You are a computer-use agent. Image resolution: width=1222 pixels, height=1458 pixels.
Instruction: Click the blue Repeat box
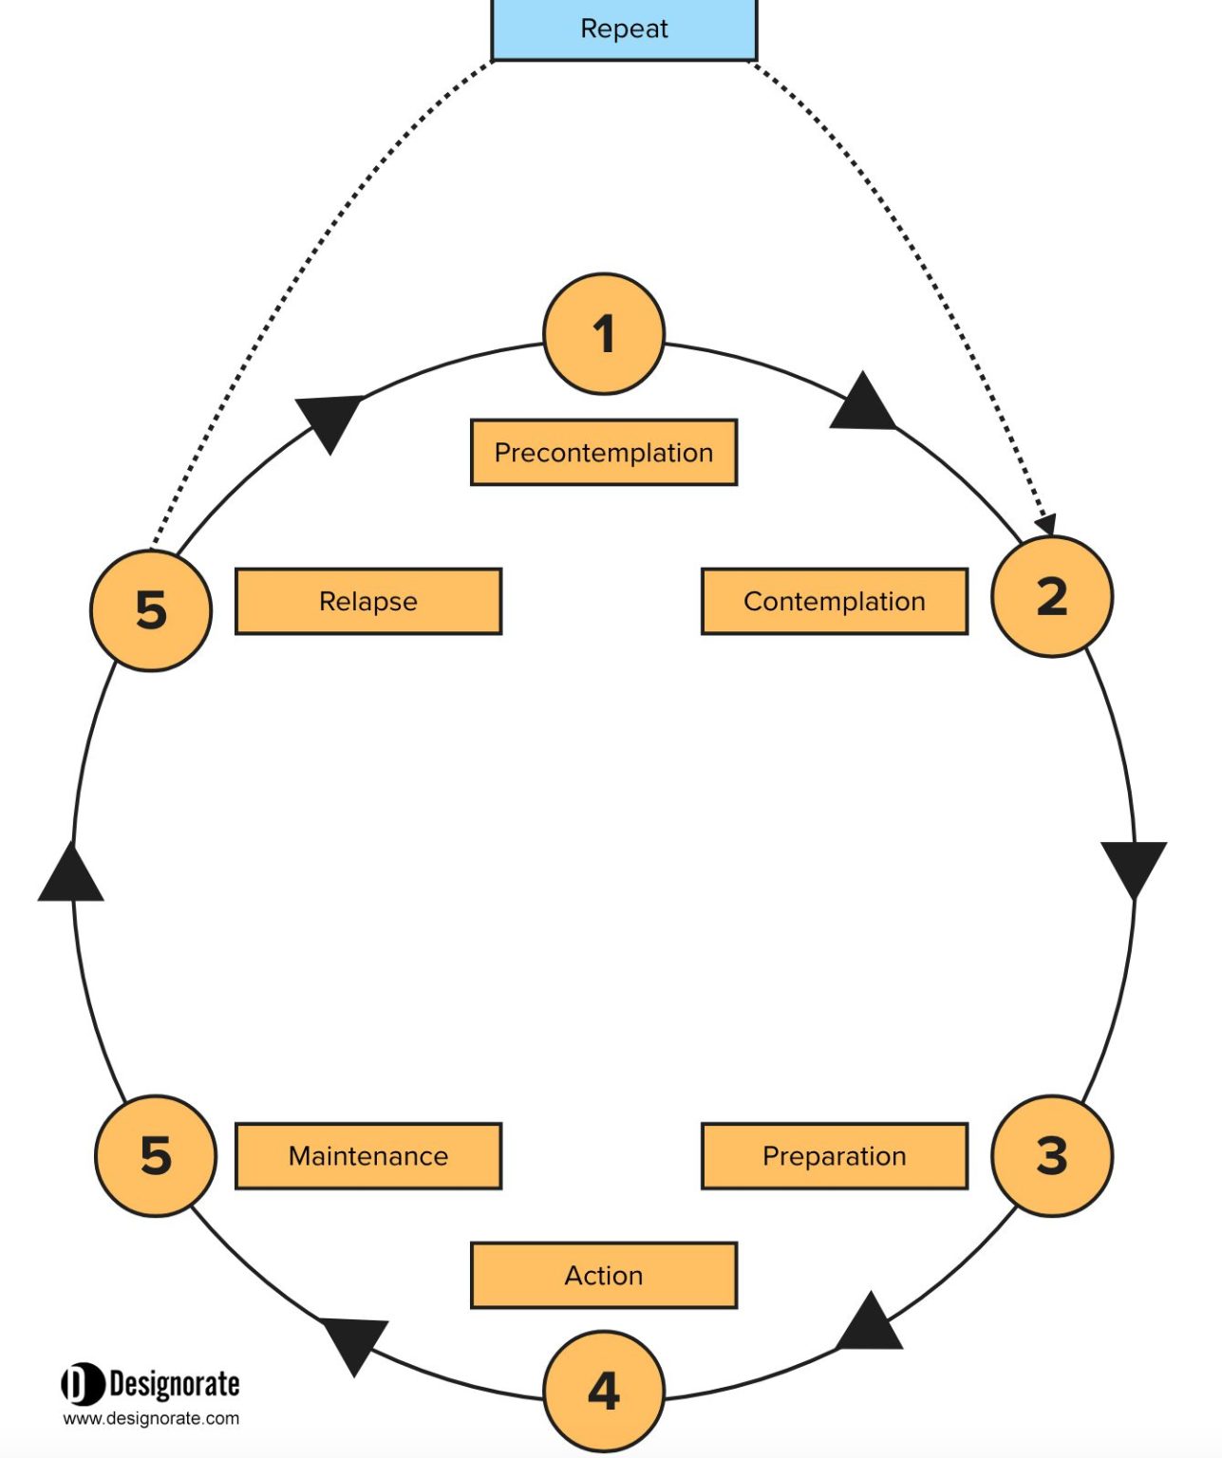point(624,29)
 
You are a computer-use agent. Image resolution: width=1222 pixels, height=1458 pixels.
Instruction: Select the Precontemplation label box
point(604,453)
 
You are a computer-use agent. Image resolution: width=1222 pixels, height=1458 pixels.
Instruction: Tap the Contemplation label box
point(835,601)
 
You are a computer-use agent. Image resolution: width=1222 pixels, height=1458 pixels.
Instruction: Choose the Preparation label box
point(835,1155)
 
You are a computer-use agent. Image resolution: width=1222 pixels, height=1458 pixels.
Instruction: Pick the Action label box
point(604,1275)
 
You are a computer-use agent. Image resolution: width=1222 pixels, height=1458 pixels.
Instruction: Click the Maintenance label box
point(368,1155)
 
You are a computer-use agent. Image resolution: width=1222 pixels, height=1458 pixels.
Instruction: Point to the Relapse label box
point(368,601)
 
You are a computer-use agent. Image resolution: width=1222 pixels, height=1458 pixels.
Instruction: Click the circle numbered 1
point(604,334)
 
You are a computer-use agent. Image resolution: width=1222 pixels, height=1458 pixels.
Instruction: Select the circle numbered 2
point(1051,596)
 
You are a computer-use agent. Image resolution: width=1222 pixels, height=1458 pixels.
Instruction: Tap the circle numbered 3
point(1051,1155)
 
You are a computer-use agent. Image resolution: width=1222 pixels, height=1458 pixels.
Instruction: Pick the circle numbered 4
point(604,1391)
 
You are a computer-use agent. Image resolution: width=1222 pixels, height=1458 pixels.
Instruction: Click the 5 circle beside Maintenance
point(155,1155)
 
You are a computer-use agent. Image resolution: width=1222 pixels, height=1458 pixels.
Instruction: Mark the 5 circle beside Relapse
point(151,610)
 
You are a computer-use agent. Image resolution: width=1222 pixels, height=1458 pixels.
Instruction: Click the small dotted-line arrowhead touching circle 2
point(1046,524)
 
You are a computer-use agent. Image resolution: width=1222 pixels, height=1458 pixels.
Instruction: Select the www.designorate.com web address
point(151,1418)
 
